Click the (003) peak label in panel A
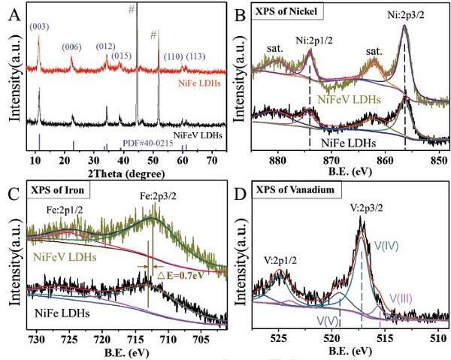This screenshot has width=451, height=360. pyautogui.click(x=41, y=28)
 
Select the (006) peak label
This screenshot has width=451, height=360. pyautogui.click(x=71, y=47)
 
